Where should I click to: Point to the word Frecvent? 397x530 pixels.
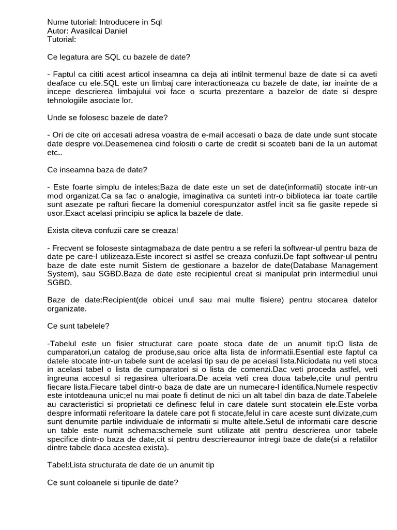click(69, 247)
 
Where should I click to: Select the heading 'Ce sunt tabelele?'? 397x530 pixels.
click(78, 326)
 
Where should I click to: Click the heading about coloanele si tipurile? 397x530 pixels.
click(113, 482)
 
